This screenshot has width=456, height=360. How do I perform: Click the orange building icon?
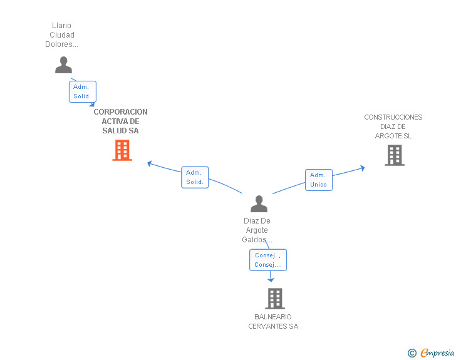(122, 150)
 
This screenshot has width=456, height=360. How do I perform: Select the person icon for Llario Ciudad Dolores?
(63, 65)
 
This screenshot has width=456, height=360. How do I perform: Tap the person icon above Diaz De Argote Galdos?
(259, 203)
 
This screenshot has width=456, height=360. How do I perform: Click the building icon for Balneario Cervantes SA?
(275, 299)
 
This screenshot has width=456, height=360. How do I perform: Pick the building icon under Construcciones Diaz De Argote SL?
(395, 155)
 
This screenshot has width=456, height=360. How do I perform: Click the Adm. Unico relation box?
(319, 180)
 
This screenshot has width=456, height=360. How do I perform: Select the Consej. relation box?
(268, 260)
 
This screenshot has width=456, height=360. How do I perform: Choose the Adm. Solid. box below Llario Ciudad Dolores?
(83, 91)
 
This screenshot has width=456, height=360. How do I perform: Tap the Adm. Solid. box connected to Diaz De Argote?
(195, 177)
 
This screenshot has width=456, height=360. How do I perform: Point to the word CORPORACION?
(120, 112)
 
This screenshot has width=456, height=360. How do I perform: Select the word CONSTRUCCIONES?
(393, 117)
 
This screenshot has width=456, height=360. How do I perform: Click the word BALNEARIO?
(273, 317)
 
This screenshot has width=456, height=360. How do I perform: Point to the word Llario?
(61, 26)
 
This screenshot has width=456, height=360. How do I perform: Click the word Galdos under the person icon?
(254, 240)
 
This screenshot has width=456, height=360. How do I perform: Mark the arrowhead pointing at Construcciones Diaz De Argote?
(362, 168)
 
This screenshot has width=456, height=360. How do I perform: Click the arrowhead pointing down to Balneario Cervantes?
(271, 280)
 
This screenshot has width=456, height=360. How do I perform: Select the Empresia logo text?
(437, 352)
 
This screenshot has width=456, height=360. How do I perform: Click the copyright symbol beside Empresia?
(412, 353)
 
